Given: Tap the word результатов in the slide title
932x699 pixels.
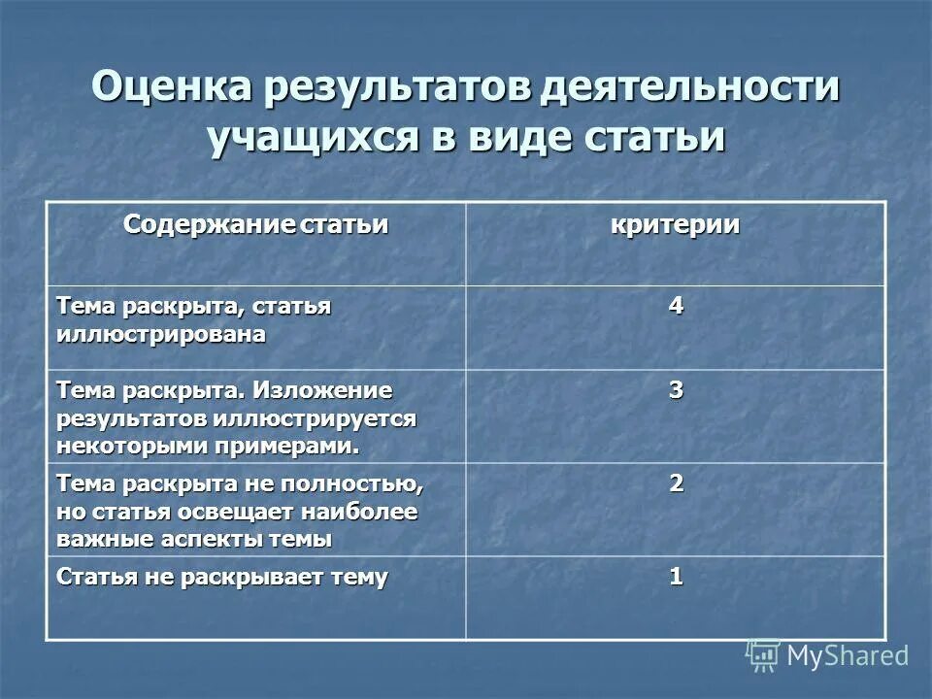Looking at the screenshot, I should (392, 88).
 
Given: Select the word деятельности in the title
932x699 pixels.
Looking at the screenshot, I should (690, 88).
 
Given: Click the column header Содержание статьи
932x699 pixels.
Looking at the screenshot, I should (255, 225).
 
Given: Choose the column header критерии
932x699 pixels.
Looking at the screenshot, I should (676, 225).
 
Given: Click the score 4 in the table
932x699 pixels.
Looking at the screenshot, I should (676, 306).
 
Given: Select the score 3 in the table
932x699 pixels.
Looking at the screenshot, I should (676, 391).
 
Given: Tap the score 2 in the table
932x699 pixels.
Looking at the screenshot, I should (676, 483).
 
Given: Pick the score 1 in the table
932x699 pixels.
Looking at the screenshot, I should (676, 577).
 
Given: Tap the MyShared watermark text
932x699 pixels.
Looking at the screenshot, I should (848, 655).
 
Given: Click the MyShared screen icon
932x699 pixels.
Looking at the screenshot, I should (763, 655).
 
